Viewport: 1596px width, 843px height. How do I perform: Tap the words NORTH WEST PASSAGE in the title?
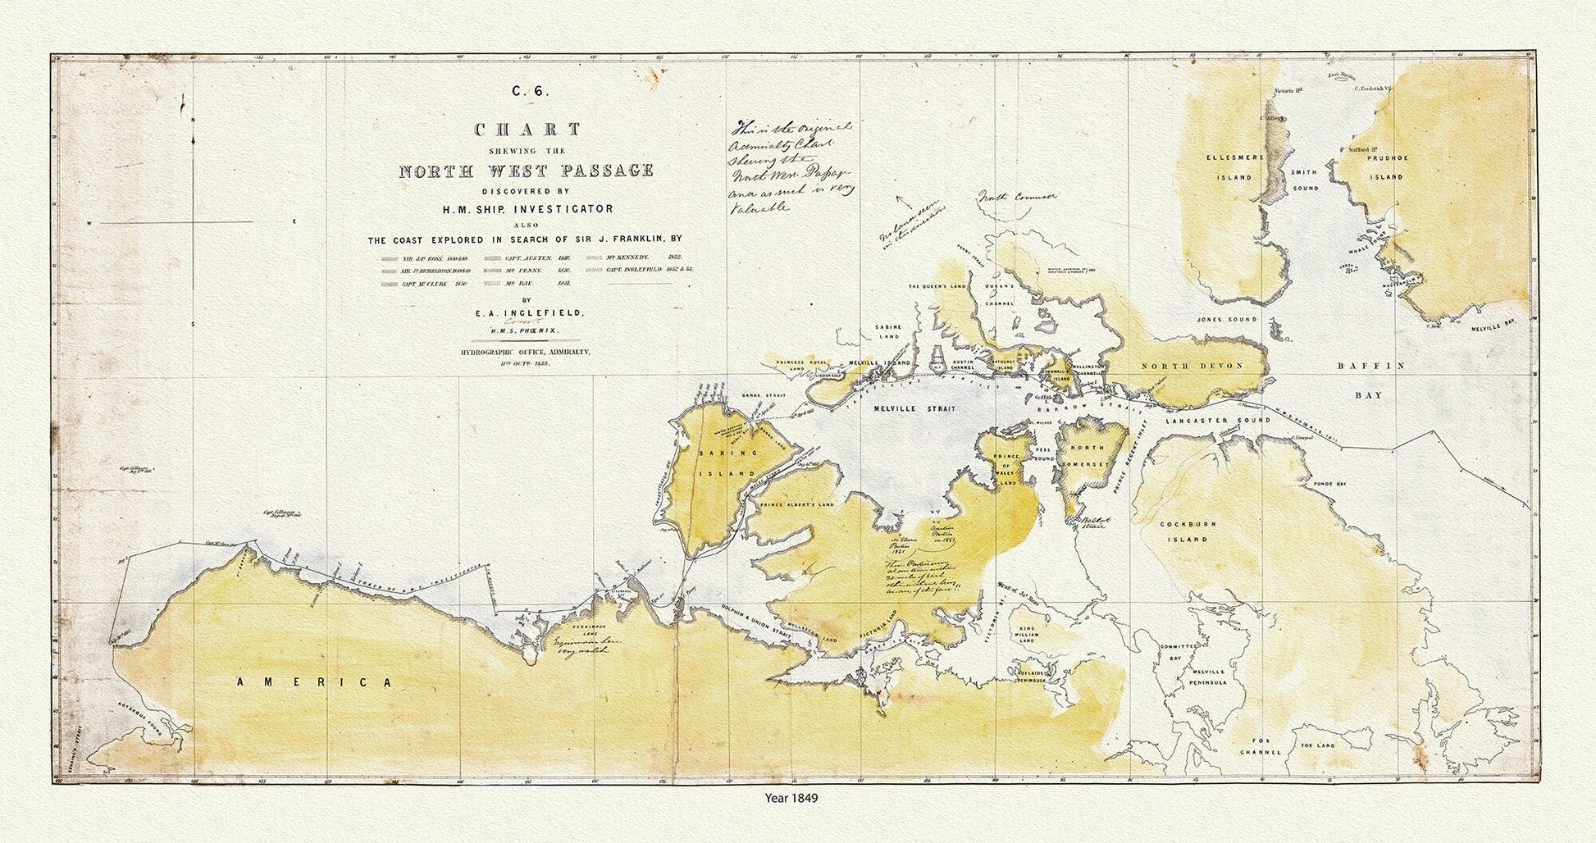tap(526, 171)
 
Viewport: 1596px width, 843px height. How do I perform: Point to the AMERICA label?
tap(316, 682)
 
